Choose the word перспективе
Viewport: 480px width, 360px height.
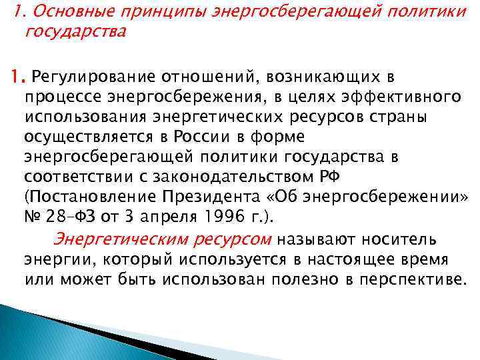pyautogui.click(x=410, y=278)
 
